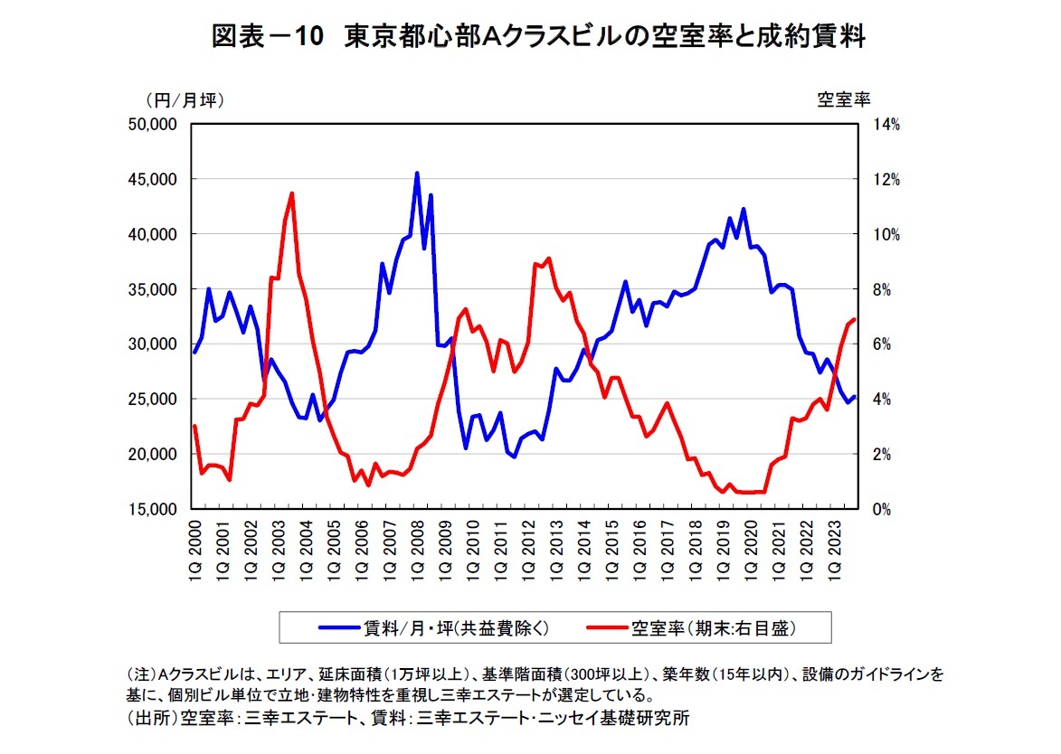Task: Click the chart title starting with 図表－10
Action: coord(539,37)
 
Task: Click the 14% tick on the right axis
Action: coord(886,125)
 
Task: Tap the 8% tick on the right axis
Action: coord(882,289)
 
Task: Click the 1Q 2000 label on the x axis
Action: coord(195,552)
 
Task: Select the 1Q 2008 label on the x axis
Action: coord(417,552)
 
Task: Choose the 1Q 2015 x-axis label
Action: coord(611,552)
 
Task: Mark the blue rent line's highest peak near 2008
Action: coord(417,173)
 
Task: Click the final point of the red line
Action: coord(854,319)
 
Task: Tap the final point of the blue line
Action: coord(854,397)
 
